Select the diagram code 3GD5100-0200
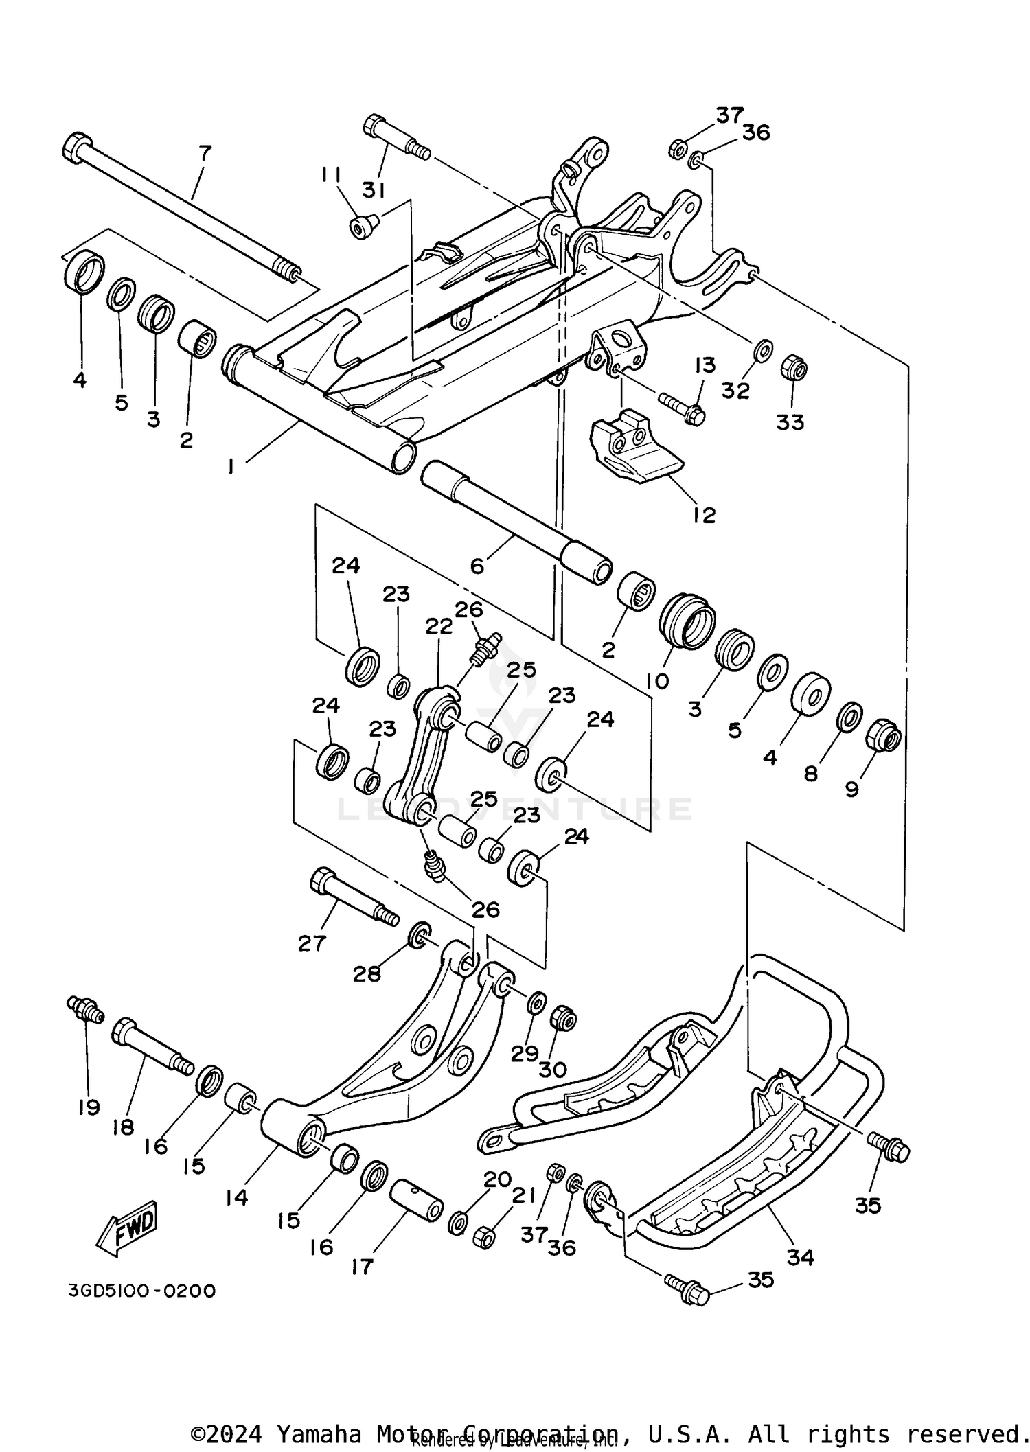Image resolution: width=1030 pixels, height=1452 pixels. (x=141, y=1291)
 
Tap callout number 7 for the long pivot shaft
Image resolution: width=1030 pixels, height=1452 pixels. (x=205, y=152)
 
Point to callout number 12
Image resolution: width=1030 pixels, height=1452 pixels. (x=704, y=515)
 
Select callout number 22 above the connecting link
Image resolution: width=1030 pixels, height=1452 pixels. (x=439, y=626)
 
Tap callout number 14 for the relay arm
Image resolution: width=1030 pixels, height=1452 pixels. (x=236, y=1198)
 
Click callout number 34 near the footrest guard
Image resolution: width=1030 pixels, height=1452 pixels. (x=800, y=1258)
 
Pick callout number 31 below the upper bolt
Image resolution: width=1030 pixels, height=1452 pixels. (x=374, y=190)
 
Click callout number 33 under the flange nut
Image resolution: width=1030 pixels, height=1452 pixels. (x=790, y=422)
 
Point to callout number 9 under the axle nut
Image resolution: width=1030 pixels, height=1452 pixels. (x=851, y=790)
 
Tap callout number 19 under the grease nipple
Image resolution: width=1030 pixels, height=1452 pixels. (x=89, y=1107)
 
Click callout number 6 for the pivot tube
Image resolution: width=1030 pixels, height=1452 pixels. (x=477, y=566)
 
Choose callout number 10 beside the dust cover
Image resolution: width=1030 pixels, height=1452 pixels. (x=657, y=681)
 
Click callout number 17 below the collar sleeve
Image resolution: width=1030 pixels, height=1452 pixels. (x=362, y=1267)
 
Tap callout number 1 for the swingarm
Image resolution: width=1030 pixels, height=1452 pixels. (x=231, y=467)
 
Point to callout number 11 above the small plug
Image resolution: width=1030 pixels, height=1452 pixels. (x=330, y=176)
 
